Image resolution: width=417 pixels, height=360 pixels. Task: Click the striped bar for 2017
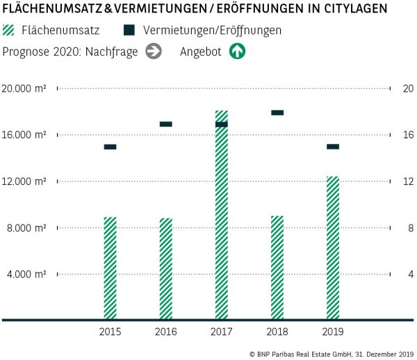221,215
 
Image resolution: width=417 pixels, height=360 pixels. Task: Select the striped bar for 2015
110,268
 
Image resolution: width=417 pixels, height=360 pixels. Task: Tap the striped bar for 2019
333,248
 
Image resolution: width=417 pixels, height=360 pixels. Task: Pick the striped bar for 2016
165,269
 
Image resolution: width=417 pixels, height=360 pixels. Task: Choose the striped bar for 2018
277,268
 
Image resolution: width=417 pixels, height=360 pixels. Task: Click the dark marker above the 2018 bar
277,113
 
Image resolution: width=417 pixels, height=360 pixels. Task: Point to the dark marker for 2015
110,147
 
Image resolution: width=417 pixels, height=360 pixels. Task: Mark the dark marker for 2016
165,124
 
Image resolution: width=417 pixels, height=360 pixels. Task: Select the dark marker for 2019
333,147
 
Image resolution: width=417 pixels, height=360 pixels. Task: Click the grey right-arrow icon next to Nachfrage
154,51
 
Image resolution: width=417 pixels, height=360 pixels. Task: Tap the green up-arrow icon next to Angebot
238,51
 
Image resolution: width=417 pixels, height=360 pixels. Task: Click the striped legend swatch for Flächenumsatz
8,31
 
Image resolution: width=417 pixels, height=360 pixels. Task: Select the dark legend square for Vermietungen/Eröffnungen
129,31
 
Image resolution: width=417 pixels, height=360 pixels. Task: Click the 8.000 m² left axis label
27,228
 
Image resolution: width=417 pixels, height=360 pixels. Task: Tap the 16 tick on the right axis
408,135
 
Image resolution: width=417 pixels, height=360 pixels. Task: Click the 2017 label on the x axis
221,332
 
